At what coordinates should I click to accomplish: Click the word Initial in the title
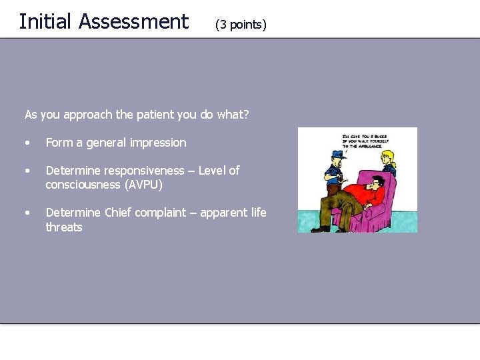[x=45, y=21]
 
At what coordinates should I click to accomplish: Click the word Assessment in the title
[x=133, y=21]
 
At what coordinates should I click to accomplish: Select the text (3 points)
[x=241, y=25]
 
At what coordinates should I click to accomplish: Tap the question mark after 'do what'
[x=246, y=114]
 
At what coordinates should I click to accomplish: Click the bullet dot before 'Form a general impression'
[x=27, y=143]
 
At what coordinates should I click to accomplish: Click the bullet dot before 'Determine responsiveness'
[x=27, y=171]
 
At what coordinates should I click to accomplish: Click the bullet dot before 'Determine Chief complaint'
[x=27, y=213]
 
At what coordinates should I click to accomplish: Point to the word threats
[x=64, y=227]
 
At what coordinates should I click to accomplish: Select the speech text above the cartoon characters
[x=365, y=141]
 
